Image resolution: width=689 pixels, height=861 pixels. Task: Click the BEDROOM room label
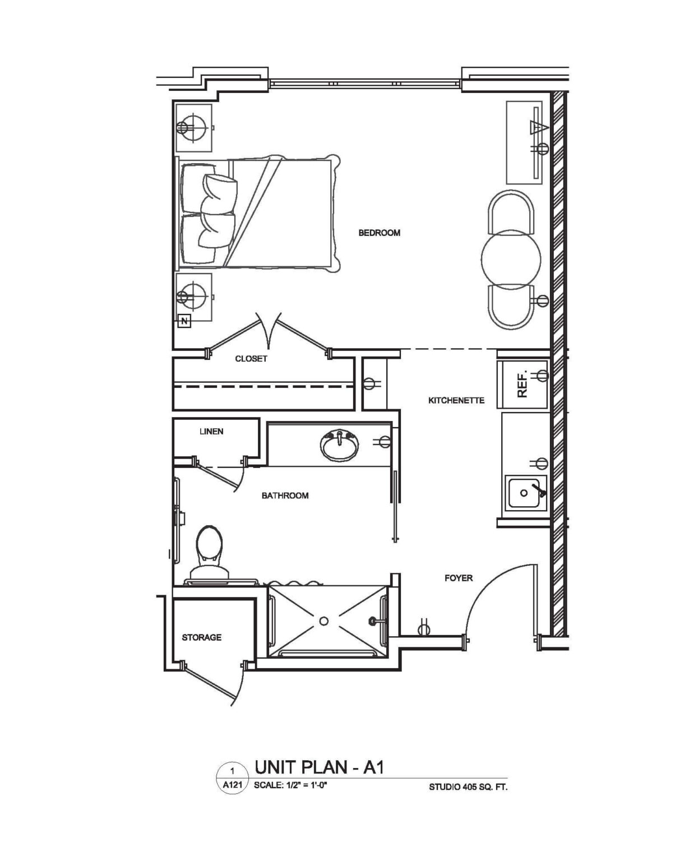pos(379,233)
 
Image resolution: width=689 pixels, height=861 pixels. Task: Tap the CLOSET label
pos(251,359)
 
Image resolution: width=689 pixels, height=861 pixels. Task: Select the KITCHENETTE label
pos(456,400)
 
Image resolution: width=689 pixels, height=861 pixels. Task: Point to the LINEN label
pos(211,431)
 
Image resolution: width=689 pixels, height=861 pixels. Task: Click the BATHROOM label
pos(285,496)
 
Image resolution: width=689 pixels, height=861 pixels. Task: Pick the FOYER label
pos(459,578)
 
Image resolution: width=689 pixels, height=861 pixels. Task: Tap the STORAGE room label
pos(202,637)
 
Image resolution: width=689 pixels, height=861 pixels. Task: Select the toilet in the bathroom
pos(209,556)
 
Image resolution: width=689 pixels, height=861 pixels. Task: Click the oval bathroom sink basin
pos(339,445)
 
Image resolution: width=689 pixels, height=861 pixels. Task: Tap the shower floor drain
pos(323,621)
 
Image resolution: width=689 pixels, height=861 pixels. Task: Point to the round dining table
pos(511,260)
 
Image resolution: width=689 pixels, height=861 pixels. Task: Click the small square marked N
pos(184,321)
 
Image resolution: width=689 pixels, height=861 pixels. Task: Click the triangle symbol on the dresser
pos(539,128)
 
